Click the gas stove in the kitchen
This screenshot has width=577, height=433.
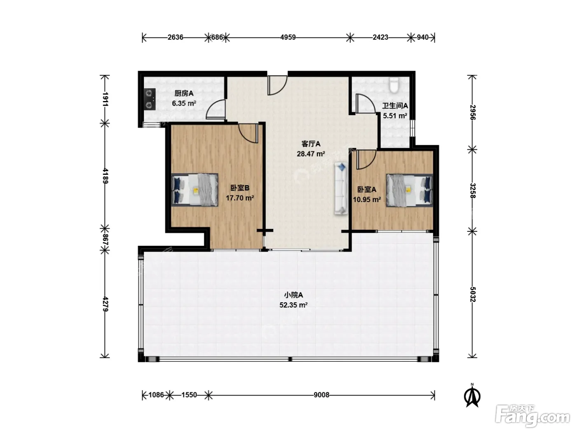[150, 99]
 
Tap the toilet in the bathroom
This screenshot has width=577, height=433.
[394, 85]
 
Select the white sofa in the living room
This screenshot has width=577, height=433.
[341, 188]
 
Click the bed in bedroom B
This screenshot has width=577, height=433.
[195, 190]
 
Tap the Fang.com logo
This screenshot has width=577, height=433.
[532, 416]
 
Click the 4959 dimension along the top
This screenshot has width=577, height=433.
[288, 38]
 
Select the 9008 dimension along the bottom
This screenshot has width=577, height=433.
[321, 395]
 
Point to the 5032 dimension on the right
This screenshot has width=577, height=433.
[473, 294]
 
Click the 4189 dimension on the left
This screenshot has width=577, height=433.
[105, 176]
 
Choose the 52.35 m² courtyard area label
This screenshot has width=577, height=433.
[293, 305]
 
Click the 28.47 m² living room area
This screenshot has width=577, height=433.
[311, 154]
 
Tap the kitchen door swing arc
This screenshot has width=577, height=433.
[215, 109]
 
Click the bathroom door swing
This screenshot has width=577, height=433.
[366, 104]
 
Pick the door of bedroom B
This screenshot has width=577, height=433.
[248, 133]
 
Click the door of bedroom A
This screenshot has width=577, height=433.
[366, 160]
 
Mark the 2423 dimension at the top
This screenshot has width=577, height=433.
[380, 38]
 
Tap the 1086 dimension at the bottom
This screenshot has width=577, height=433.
[156, 395]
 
